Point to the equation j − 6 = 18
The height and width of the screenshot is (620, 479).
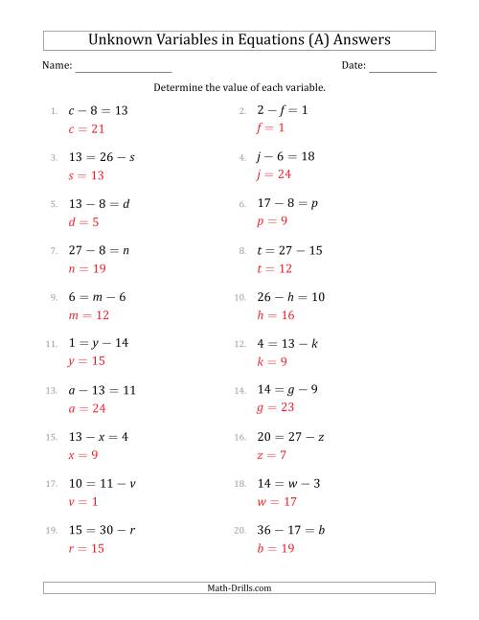point(287,156)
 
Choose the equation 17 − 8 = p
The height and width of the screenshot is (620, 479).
point(288,203)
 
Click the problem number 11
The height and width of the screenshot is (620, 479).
point(52,344)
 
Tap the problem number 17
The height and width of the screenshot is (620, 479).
point(52,484)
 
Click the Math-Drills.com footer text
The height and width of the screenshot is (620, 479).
point(239,587)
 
